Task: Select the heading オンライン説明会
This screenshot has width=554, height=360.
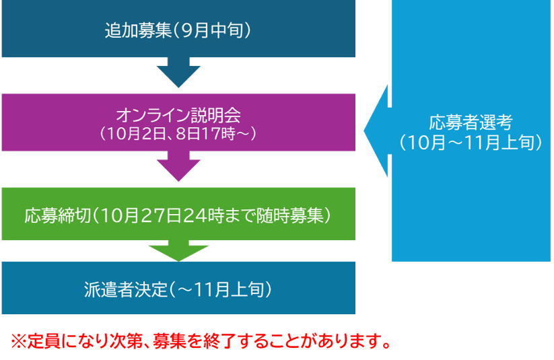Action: pos(178,114)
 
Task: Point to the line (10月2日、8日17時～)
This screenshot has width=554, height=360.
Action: pos(178,132)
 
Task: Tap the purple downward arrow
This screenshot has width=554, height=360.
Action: pos(178,166)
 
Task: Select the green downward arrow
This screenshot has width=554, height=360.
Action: pos(178,250)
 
